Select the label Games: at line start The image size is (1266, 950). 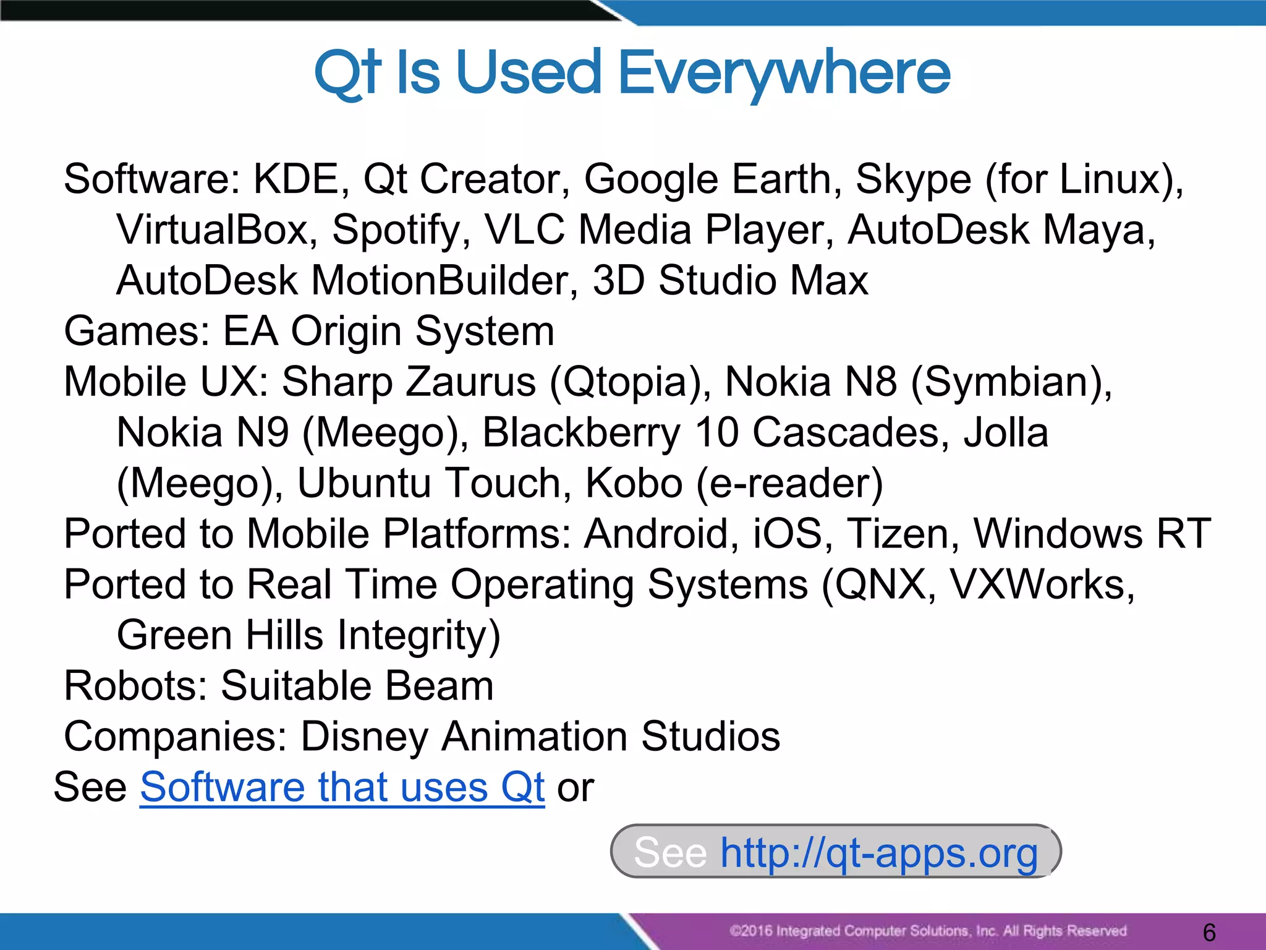137,332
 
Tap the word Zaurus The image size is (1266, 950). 470,382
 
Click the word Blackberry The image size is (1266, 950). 580,432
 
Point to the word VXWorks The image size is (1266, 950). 1041,584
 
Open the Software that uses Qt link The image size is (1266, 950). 342,787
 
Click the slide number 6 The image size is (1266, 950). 1209,932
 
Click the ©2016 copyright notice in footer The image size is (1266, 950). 927,931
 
